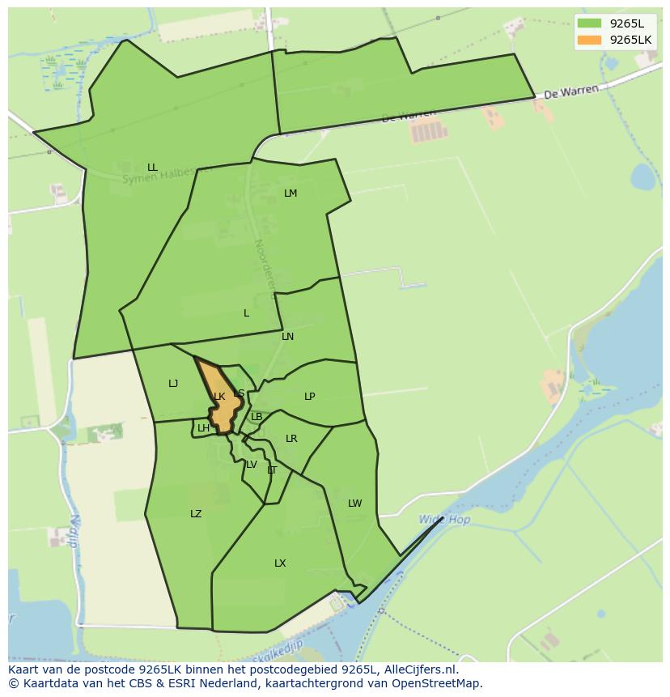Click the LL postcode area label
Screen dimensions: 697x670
tap(152, 168)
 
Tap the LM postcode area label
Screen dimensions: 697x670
tap(290, 193)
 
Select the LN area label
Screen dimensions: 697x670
tap(287, 337)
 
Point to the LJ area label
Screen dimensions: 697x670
tap(173, 384)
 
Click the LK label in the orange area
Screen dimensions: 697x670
tap(219, 397)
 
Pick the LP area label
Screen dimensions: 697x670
tap(309, 397)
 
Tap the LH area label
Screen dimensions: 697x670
tap(203, 428)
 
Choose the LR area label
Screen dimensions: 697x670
tap(291, 439)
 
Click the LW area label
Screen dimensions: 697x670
tap(354, 504)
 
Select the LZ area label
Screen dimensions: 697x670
tap(196, 514)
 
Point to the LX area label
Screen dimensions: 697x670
tap(280, 563)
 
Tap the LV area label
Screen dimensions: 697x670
tap(252, 465)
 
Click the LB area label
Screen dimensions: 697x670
tap(257, 417)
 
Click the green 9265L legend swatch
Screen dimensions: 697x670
tap(590, 23)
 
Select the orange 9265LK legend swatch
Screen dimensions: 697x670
tap(590, 40)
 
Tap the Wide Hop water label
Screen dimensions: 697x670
tap(444, 520)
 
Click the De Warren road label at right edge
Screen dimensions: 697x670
tap(571, 92)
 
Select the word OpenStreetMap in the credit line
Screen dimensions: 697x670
tap(438, 683)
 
